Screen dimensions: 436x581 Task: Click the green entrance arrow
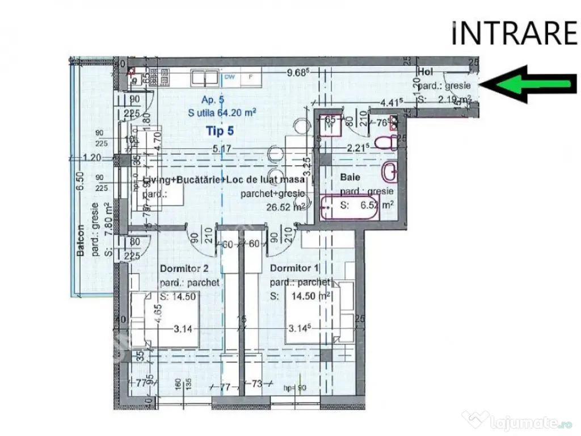pyautogui.click(x=530, y=85)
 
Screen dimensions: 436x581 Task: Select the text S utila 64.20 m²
pyautogui.click(x=221, y=113)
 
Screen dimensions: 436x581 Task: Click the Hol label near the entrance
pyautogui.click(x=426, y=72)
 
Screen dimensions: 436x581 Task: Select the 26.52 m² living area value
pyautogui.click(x=286, y=206)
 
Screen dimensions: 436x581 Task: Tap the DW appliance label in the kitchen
pyautogui.click(x=230, y=77)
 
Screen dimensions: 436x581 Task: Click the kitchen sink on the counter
pyautogui.click(x=203, y=77)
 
